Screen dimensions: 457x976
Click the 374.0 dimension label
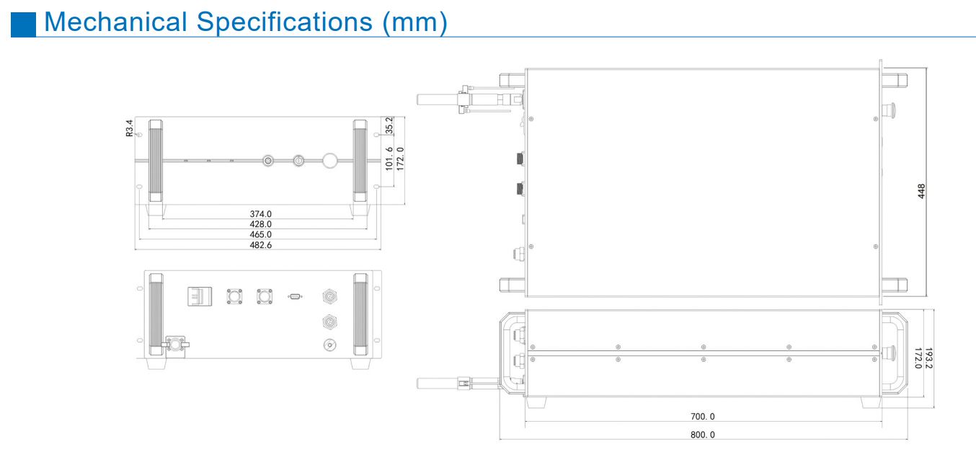coord(260,214)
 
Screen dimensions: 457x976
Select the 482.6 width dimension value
coord(260,245)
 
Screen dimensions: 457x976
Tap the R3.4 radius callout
coord(130,128)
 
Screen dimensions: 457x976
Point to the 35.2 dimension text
coord(390,125)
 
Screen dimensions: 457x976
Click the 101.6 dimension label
coord(389,159)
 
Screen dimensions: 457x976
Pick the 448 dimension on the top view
coord(920,191)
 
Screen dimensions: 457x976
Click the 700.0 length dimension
coord(703,417)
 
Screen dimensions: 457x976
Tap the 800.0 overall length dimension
coord(703,435)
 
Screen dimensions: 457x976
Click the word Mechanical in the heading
coord(115,22)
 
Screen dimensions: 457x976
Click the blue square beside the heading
coord(23,23)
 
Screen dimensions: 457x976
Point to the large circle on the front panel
coord(330,160)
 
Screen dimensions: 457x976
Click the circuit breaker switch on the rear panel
coord(200,296)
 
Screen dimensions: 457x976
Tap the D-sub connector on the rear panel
coord(294,296)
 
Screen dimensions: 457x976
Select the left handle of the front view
coord(155,161)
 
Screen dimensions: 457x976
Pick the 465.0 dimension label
coord(260,234)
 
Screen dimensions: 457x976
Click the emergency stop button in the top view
coord(891,111)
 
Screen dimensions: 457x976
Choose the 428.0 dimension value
coord(260,224)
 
